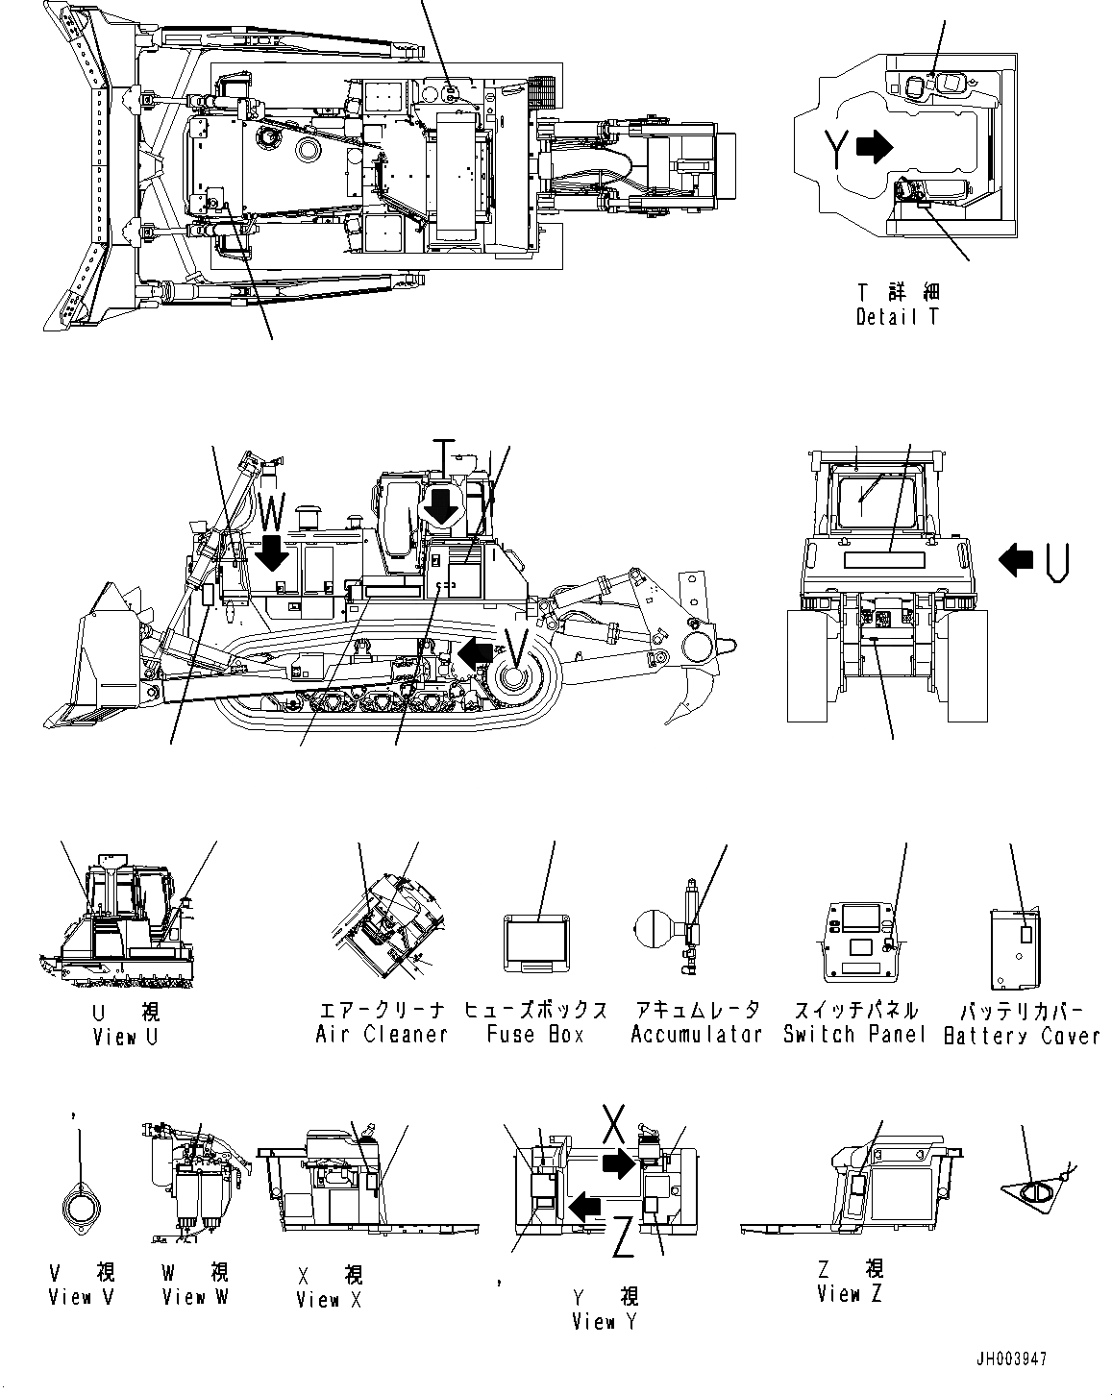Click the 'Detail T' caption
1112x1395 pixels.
point(898,316)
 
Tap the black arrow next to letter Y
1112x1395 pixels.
point(873,146)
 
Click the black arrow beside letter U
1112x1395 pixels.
point(1016,558)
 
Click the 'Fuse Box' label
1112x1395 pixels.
point(535,1035)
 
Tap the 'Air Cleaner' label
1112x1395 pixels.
point(382,1035)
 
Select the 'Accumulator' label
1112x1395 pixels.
point(696,1035)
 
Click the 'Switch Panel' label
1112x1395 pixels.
point(854,1035)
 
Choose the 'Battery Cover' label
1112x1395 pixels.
point(1022,1036)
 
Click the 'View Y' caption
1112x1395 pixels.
point(604,1322)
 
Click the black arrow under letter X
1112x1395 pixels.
point(618,1163)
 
